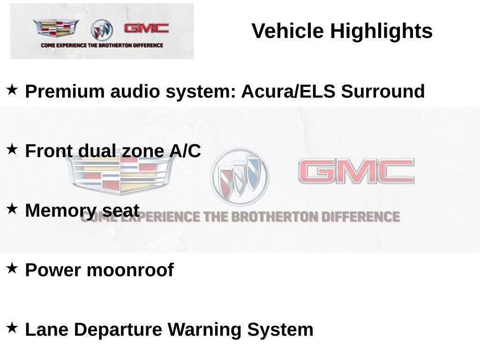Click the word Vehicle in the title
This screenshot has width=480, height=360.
[287, 30]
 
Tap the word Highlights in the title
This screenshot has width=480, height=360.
[382, 31]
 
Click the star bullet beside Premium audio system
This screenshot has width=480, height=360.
[12, 90]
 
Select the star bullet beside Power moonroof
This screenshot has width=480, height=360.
[12, 268]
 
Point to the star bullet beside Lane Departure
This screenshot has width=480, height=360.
[12, 328]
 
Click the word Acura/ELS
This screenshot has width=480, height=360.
[288, 91]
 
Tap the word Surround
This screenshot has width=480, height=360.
[383, 91]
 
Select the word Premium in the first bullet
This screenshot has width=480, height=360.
[65, 91]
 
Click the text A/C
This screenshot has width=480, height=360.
[185, 150]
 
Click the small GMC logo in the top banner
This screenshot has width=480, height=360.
[146, 29]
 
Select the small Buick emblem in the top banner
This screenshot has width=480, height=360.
[102, 30]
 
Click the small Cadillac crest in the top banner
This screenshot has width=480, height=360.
[56, 28]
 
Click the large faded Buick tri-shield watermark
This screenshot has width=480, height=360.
[240, 177]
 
